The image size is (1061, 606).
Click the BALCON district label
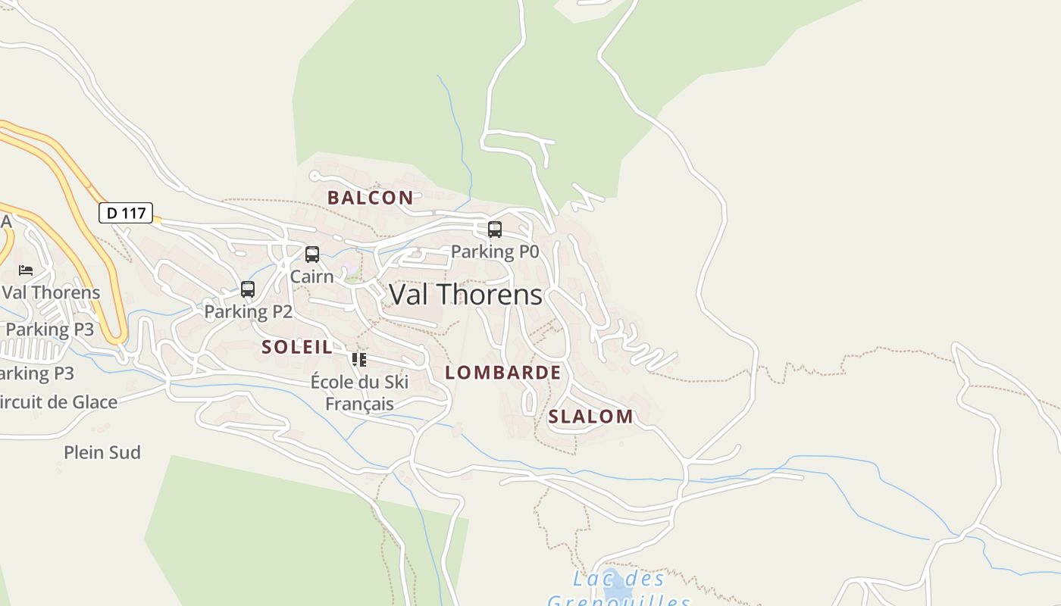click(x=371, y=198)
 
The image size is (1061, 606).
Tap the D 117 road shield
click(x=126, y=213)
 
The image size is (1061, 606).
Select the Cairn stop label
click(x=311, y=276)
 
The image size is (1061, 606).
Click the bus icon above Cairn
click(x=312, y=255)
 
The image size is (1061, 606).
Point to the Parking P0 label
click(x=494, y=251)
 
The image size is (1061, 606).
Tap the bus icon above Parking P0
click(x=495, y=229)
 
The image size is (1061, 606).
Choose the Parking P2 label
click(x=248, y=311)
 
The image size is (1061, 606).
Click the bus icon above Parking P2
click(x=248, y=289)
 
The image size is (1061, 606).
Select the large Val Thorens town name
click(x=465, y=295)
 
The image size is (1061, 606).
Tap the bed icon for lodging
click(x=27, y=270)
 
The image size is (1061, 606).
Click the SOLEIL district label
click(x=297, y=348)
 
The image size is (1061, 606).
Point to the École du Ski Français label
click(x=359, y=392)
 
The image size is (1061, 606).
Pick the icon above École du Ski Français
click(x=359, y=359)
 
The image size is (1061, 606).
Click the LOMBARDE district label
click(x=503, y=373)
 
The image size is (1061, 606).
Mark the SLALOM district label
click(x=590, y=417)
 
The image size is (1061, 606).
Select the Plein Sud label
click(x=102, y=452)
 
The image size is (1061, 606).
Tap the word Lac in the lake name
click(x=590, y=579)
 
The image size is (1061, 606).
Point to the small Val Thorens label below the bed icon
click(x=51, y=292)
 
